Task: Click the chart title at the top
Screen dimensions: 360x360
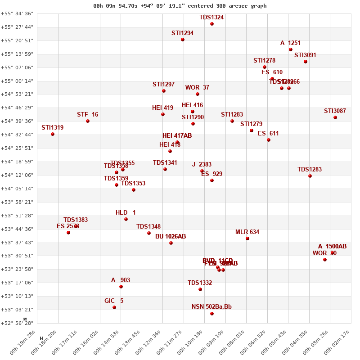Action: (x=180, y=6)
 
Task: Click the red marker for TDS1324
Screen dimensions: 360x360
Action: (x=212, y=24)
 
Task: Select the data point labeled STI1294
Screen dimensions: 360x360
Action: (x=183, y=40)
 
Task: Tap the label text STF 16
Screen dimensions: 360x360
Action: (x=87, y=115)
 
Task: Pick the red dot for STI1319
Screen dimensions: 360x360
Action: (x=53, y=134)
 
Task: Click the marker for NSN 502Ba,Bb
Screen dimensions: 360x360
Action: (x=212, y=314)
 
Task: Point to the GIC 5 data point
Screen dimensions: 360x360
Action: (x=114, y=307)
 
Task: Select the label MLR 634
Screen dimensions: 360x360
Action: (x=247, y=232)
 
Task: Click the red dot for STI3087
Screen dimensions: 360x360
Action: (x=335, y=117)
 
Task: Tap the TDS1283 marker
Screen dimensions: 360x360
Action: (x=310, y=176)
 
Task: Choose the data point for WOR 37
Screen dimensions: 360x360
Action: (x=198, y=94)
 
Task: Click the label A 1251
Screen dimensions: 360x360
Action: (x=290, y=43)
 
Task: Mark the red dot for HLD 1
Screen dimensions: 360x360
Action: (x=126, y=219)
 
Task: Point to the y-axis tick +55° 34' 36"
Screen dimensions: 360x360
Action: (x=17, y=13)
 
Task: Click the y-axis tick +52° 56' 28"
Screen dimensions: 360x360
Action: (x=17, y=323)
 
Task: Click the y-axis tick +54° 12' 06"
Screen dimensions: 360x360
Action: (x=17, y=175)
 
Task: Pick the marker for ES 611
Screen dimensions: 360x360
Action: (x=269, y=140)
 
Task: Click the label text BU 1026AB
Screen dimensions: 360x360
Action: (x=171, y=237)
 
